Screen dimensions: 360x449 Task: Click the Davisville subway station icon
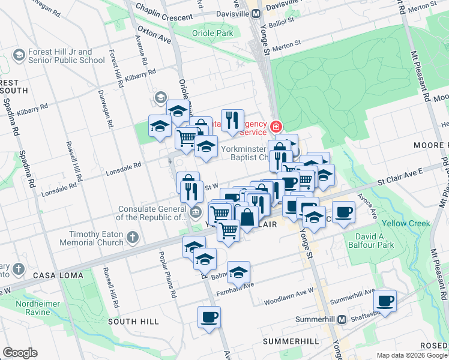[x=255, y=13]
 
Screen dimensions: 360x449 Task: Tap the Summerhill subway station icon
[x=342, y=319]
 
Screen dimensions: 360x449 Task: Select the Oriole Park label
[x=212, y=34]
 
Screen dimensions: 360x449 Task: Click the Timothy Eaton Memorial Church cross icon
[x=133, y=238]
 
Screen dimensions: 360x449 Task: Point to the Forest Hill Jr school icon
[x=19, y=56]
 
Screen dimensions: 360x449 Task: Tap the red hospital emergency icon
[x=276, y=127]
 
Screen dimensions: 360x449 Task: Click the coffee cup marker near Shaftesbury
[x=385, y=300]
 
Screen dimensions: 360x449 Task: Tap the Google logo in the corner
[x=20, y=353]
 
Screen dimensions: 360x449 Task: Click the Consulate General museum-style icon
[x=196, y=212]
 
